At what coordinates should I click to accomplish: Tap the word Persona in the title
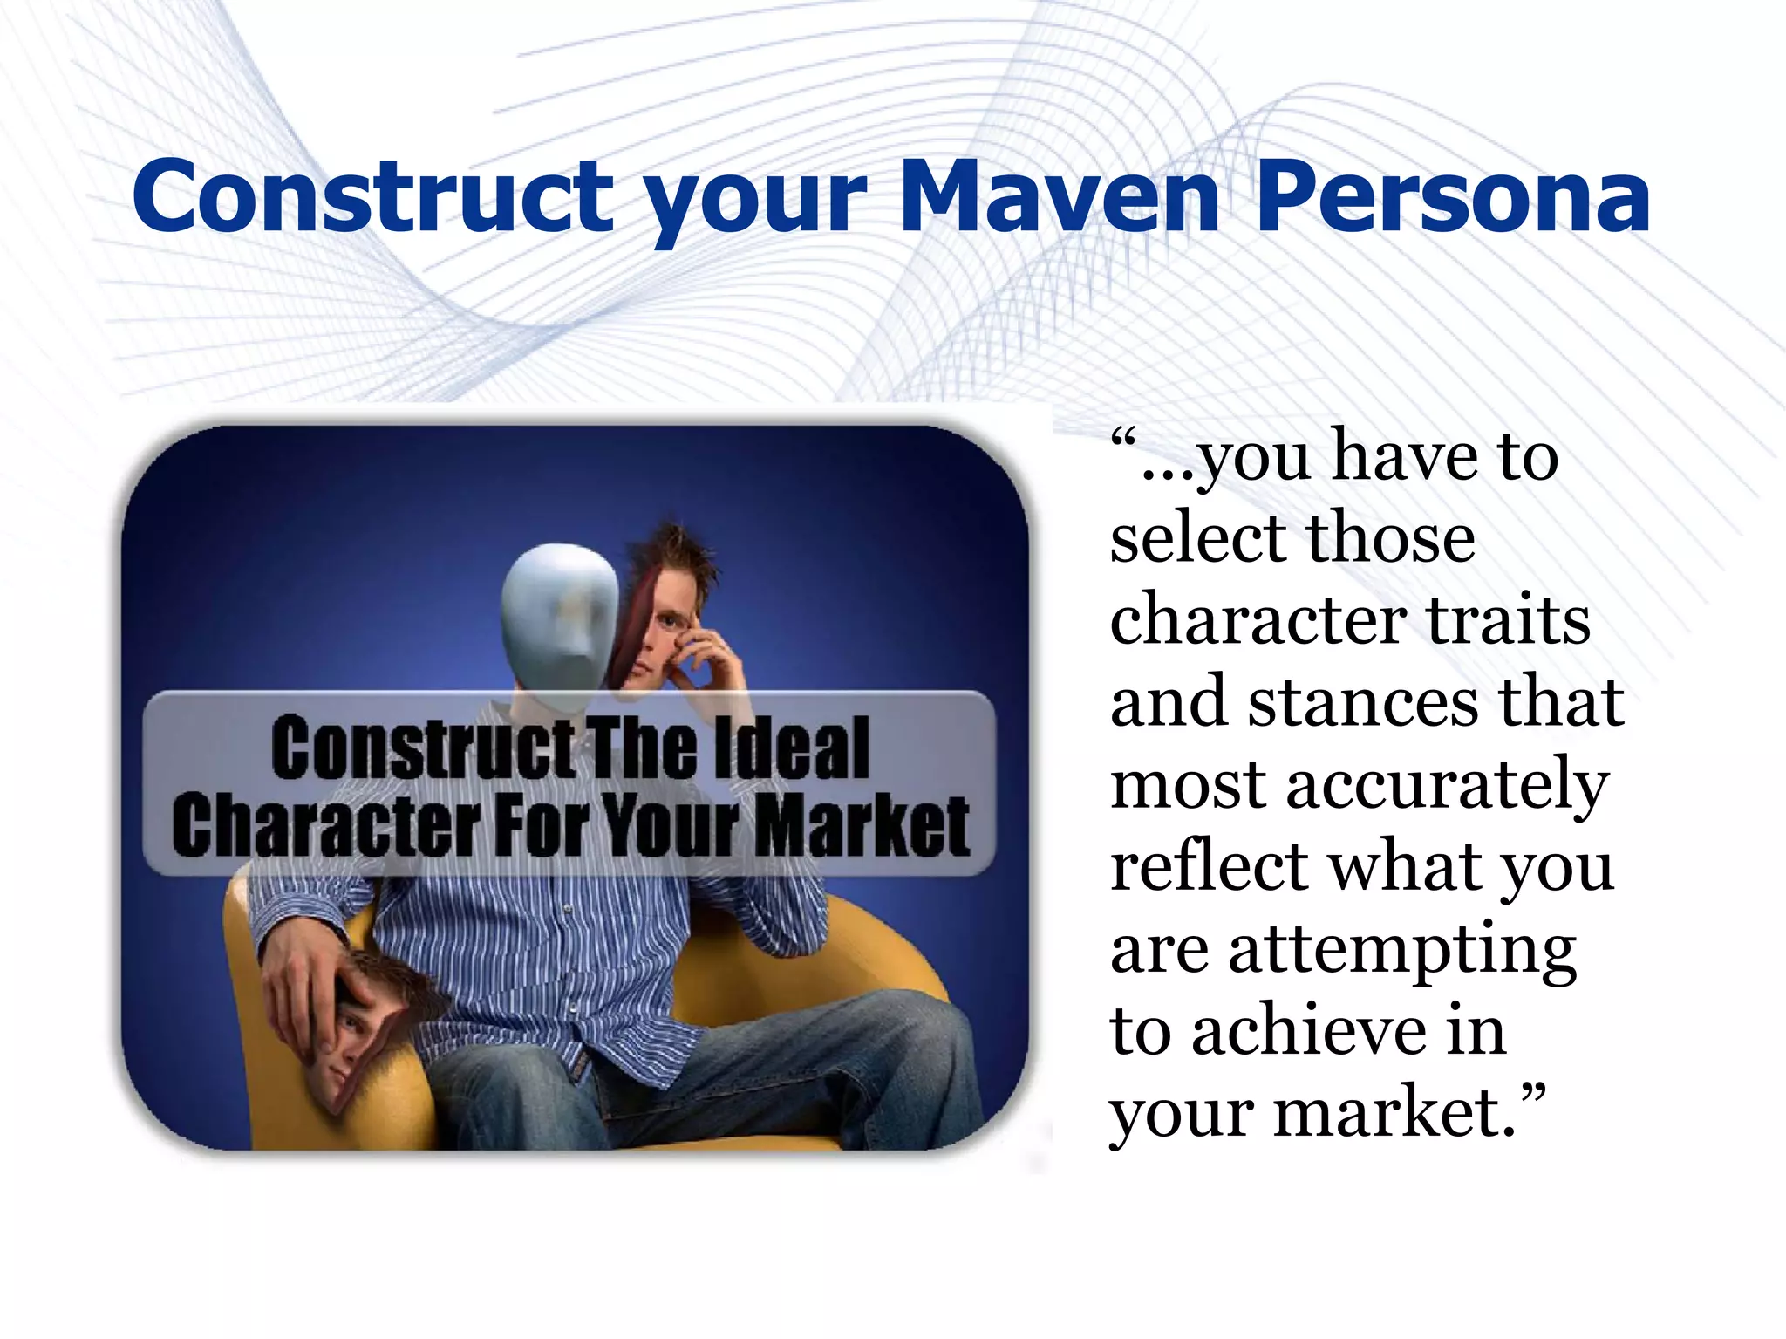(1453, 198)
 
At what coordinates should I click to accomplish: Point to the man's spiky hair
(671, 550)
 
